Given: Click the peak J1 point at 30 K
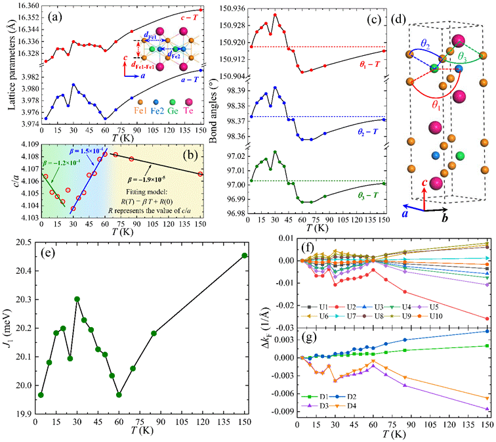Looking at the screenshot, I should pyautogui.click(x=77, y=299).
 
